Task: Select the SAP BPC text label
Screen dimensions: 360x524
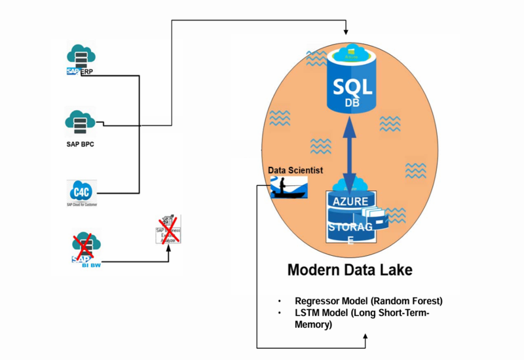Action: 81,143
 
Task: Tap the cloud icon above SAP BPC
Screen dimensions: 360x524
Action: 81,121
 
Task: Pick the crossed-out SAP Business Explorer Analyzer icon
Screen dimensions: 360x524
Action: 168,229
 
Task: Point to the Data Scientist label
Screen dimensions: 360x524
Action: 295,170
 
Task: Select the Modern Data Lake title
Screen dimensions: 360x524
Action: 350,270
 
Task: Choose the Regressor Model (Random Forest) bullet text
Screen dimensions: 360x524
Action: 369,301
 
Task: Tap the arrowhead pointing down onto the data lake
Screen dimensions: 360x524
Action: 346,31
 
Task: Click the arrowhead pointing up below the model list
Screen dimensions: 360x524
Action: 365,339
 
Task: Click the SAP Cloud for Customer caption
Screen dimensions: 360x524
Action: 82,205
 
